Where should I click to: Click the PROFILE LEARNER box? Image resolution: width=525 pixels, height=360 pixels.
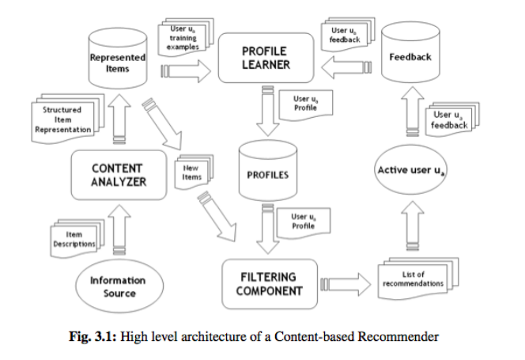click(265, 56)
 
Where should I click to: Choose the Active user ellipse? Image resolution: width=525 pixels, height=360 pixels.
click(410, 170)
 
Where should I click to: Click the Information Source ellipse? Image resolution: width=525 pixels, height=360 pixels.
click(118, 286)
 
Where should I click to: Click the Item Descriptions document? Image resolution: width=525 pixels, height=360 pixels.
click(73, 241)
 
